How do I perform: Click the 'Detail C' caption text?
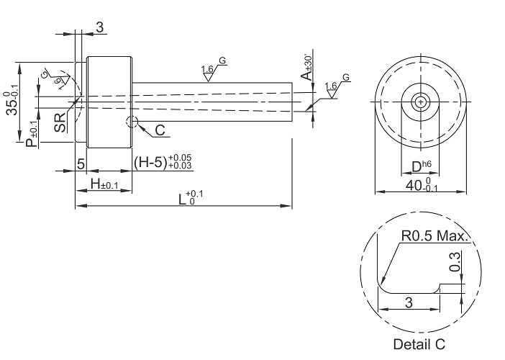419,344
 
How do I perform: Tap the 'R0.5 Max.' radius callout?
435,236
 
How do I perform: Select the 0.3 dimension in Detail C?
455,261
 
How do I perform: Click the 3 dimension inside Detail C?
409,303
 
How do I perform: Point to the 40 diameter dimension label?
422,185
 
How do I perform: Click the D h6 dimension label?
421,166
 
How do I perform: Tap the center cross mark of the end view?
420,102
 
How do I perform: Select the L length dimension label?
191,197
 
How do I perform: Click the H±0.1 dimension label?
104,184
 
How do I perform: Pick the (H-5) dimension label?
163,162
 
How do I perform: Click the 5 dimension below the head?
81,163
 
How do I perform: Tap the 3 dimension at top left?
100,27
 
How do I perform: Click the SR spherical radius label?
60,122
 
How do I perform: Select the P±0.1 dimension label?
32,134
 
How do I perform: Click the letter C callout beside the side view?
160,130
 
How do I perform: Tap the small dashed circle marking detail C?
132,122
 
